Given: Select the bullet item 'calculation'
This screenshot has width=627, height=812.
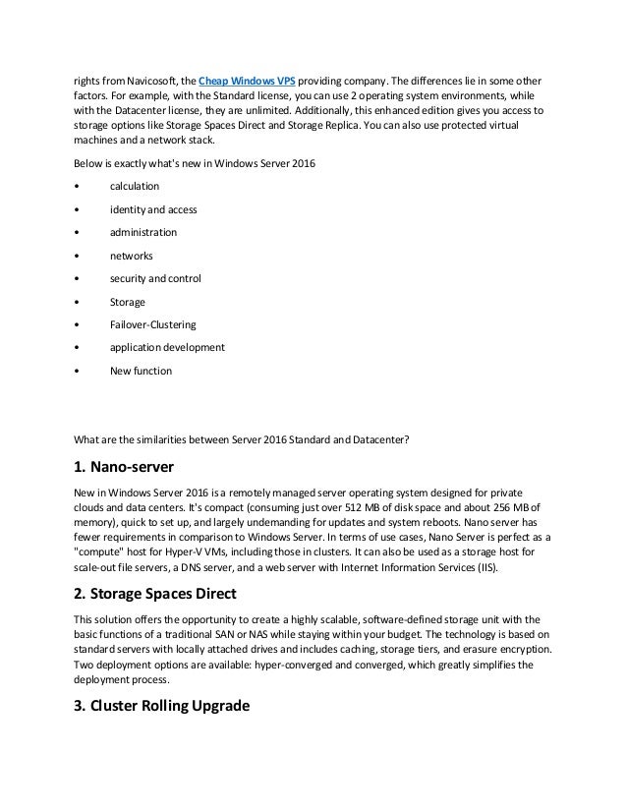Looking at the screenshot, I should pyautogui.click(x=134, y=186).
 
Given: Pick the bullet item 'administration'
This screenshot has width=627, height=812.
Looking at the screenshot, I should pyautogui.click(x=143, y=232).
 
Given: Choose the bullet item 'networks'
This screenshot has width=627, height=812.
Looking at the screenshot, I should pyautogui.click(x=132, y=256).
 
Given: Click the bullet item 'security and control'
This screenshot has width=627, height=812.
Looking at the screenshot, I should pyautogui.click(x=155, y=279).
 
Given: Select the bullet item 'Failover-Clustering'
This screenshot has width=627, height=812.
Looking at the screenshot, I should pyautogui.click(x=152, y=325).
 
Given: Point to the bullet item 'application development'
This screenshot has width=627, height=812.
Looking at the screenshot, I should pyautogui.click(x=167, y=348).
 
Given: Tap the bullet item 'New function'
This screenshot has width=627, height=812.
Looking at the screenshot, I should pyautogui.click(x=141, y=372).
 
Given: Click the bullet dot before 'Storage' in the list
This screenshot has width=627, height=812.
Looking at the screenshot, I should pyautogui.click(x=77, y=303).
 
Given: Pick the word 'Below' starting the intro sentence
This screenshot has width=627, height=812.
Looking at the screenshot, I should pyautogui.click(x=90, y=162).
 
